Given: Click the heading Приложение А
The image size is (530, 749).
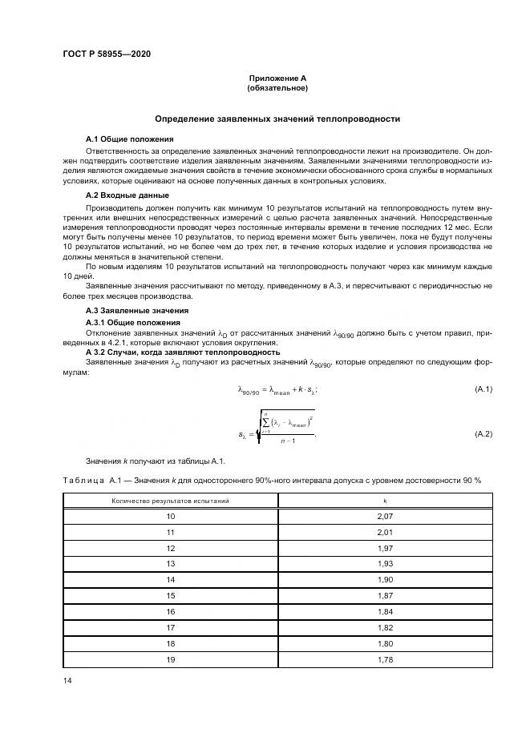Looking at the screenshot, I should (277, 78).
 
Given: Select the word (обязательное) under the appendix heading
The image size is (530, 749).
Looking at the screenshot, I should (277, 87).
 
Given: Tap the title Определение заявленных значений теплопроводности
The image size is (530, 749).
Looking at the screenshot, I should (277, 119).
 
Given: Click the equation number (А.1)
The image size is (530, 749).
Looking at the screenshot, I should (483, 389).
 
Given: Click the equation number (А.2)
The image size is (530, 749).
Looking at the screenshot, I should (483, 433).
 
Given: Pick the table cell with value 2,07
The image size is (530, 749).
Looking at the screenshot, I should (385, 517).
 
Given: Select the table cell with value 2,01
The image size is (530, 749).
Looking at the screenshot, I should (385, 532).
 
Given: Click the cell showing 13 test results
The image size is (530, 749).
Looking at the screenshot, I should (170, 563).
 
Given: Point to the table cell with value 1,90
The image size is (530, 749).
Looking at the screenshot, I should (385, 579).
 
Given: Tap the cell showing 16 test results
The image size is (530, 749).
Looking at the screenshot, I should (170, 611).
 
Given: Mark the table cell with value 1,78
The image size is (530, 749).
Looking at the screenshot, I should (385, 658).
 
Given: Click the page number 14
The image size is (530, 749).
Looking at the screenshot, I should (67, 680).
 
